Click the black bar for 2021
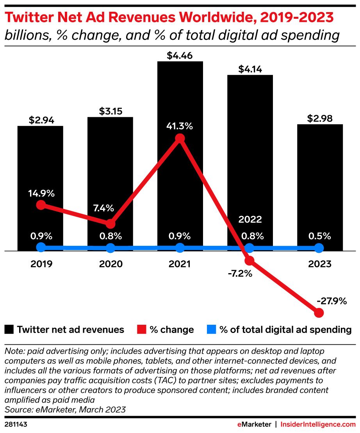coord(180,98)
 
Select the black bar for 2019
coord(40,164)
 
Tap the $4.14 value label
coord(250,69)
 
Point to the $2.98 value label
coord(319,118)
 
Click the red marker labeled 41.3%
coord(180,138)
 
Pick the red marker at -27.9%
coord(319,313)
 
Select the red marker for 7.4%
coord(110,224)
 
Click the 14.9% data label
coord(41,193)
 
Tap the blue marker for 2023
coord(319,248)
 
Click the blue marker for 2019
coord(41,247)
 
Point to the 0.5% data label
coord(319,236)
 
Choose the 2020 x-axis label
coord(110,264)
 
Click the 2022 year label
coord(250,219)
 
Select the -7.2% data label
coord(240,273)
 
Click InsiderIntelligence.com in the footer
coord(319,424)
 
